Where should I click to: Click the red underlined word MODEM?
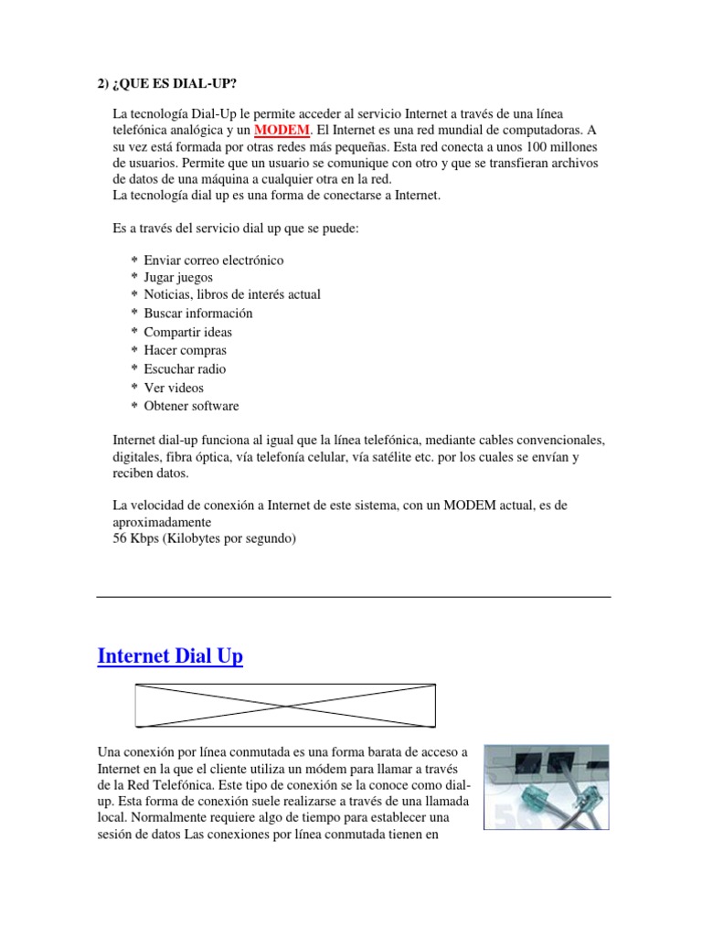pyautogui.click(x=282, y=131)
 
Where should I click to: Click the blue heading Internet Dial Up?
pyautogui.click(x=170, y=656)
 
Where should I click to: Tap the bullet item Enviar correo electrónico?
pyautogui.click(x=213, y=261)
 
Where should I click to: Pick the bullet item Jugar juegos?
pyautogui.click(x=177, y=277)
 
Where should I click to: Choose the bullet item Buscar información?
pyautogui.click(x=197, y=314)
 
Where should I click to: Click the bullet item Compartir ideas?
pyautogui.click(x=187, y=332)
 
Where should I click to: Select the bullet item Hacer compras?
pyautogui.click(x=185, y=350)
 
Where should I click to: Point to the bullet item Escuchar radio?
pyautogui.click(x=184, y=369)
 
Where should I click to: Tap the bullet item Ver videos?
pyautogui.click(x=174, y=388)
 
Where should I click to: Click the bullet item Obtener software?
pyautogui.click(x=191, y=406)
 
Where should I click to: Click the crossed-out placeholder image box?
pyautogui.click(x=285, y=705)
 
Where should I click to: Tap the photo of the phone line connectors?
pyautogui.click(x=547, y=786)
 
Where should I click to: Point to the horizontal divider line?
pyautogui.click(x=353, y=597)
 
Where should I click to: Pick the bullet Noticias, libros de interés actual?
pyautogui.click(x=232, y=294)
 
